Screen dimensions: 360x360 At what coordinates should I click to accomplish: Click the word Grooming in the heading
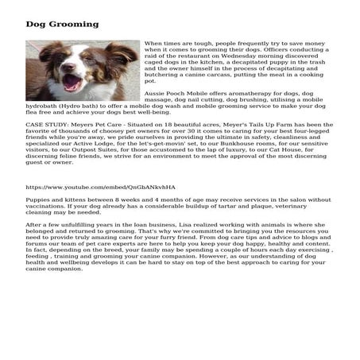point(75,24)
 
